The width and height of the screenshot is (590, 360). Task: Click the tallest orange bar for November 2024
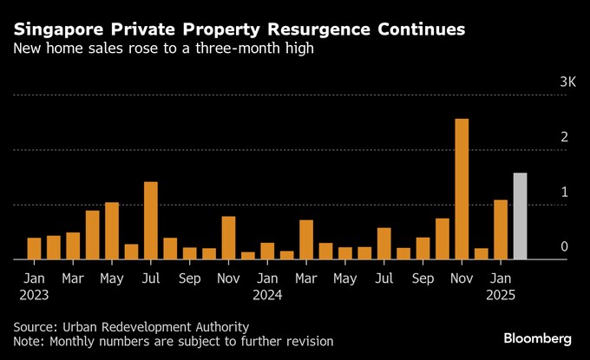pyautogui.click(x=462, y=189)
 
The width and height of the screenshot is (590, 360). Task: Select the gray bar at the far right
pyautogui.click(x=520, y=216)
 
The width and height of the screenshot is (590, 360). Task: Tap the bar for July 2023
pyautogui.click(x=151, y=220)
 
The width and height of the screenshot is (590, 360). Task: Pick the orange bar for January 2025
pyautogui.click(x=501, y=230)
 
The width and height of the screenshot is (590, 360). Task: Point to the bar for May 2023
pyautogui.click(x=112, y=231)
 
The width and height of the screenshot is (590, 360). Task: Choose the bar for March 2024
pyautogui.click(x=306, y=239)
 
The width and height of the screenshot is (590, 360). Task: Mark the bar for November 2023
pyautogui.click(x=228, y=238)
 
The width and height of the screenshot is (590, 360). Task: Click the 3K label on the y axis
pyautogui.click(x=567, y=82)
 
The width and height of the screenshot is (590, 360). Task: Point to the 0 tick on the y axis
pyautogui.click(x=564, y=247)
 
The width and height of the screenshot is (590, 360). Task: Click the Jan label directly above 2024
pyautogui.click(x=268, y=279)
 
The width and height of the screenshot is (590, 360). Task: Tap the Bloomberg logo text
pyautogui.click(x=538, y=336)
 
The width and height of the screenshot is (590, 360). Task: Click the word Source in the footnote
pyautogui.click(x=34, y=327)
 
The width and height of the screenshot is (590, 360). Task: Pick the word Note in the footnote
pyautogui.click(x=29, y=342)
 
